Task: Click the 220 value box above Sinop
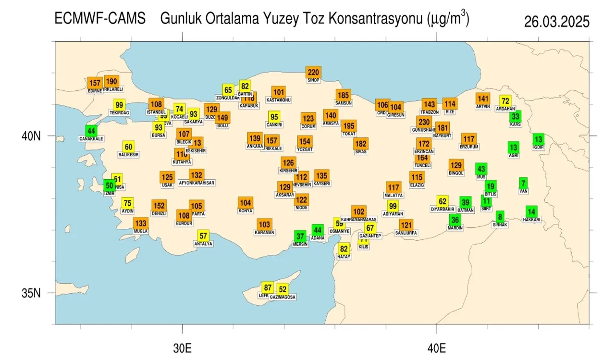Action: click(313, 73)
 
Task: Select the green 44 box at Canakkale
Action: click(91, 131)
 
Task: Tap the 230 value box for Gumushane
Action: click(424, 122)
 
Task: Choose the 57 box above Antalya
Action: click(204, 236)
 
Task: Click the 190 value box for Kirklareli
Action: click(111, 82)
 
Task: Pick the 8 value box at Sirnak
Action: click(500, 217)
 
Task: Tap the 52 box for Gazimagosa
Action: click(283, 289)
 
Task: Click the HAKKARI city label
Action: click(531, 220)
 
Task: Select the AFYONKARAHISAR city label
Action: click(196, 183)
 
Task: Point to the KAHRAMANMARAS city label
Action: click(358, 219)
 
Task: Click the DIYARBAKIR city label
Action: click(442, 209)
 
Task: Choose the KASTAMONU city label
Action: click(279, 100)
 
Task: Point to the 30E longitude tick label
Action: click(182, 347)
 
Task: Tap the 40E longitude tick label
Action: click(436, 347)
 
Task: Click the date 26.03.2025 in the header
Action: click(556, 22)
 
